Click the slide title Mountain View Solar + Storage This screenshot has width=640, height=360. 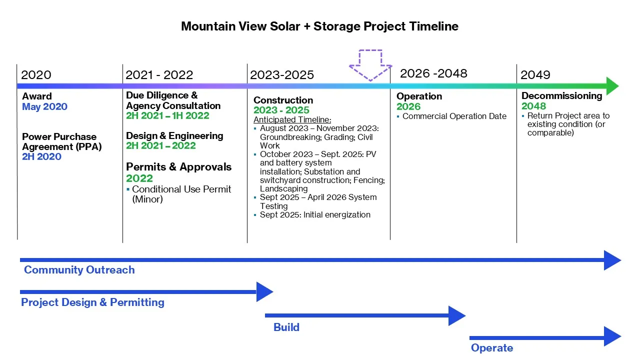(319, 26)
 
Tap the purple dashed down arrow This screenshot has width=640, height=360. (370, 64)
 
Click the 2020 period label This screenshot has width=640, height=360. (36, 75)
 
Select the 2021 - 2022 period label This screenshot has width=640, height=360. (159, 75)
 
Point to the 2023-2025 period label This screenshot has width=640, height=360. (282, 75)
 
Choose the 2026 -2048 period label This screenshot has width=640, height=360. (433, 73)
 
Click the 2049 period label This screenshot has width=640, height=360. (535, 75)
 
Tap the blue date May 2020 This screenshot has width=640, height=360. (44, 106)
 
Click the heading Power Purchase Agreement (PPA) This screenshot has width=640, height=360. (59, 141)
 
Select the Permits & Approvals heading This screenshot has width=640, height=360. (178, 167)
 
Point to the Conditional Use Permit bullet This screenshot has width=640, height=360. (181, 194)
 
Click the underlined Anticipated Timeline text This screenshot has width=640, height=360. (292, 120)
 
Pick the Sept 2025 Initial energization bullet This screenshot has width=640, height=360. (315, 215)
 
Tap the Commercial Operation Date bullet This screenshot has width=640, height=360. (454, 116)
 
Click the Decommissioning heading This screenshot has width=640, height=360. (561, 95)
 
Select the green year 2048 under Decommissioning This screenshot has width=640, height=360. (533, 106)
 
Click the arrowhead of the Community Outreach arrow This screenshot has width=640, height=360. (612, 260)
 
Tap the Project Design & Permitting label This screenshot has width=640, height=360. (92, 302)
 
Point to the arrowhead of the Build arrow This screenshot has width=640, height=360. (456, 315)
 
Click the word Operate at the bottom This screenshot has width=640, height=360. (491, 348)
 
